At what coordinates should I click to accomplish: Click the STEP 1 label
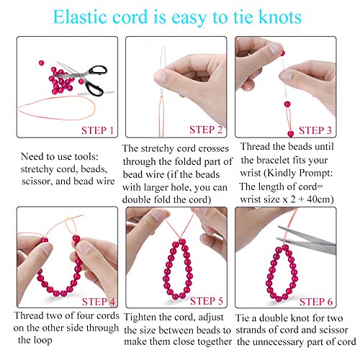pyautogui.click(x=97, y=130)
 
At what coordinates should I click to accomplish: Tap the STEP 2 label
pyautogui.click(x=206, y=130)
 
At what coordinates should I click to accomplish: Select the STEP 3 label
pyautogui.click(x=315, y=130)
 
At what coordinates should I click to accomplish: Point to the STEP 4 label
pyautogui.click(x=99, y=302)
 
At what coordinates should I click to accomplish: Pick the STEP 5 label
pyautogui.click(x=207, y=301)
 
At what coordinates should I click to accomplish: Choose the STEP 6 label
pyautogui.click(x=316, y=302)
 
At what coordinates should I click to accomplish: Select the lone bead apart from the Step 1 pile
pyautogui.click(x=41, y=63)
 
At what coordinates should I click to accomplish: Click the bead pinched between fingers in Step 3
pyautogui.click(x=282, y=53)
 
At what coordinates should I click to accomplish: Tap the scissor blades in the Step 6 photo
pyautogui.click(x=307, y=240)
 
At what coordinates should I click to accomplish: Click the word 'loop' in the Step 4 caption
pyautogui.click(x=42, y=341)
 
